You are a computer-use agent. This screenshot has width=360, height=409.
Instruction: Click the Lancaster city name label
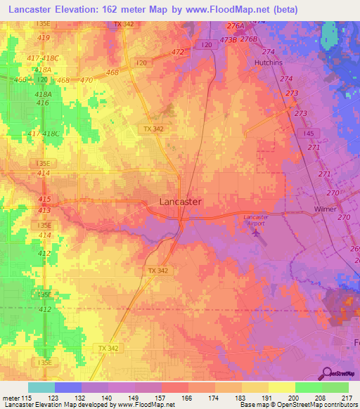[x=181, y=202]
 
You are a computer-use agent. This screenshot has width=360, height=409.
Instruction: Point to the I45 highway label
[x=309, y=134]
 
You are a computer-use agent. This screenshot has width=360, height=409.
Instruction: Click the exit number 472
[x=177, y=52]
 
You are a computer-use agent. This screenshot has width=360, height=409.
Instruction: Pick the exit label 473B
[x=228, y=40]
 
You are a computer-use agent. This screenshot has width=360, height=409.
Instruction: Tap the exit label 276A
[x=235, y=26]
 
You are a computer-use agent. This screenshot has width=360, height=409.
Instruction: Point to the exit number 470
[x=86, y=80]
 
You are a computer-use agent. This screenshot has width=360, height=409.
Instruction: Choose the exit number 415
[x=44, y=200]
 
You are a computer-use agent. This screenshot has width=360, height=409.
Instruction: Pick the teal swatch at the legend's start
[x=41, y=387]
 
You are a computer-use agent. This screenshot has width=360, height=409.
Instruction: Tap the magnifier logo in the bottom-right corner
[x=327, y=373]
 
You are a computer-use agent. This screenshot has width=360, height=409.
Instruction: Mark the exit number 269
[x=354, y=249]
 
